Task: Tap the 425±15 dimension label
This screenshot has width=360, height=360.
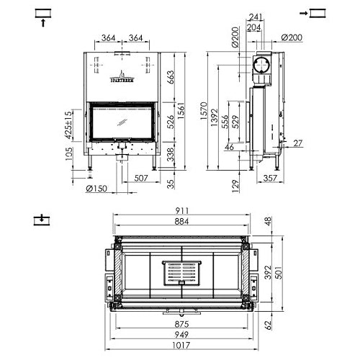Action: click(68, 125)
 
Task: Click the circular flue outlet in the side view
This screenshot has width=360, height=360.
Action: click(260, 66)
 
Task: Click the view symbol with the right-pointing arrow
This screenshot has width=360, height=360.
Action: click(316, 14)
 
